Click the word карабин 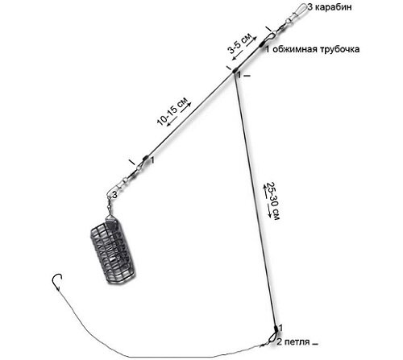333,7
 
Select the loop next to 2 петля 272,337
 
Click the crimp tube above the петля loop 276,329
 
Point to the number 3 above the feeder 114,195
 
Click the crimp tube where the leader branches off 235,70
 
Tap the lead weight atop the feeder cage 110,221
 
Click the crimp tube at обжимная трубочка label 261,44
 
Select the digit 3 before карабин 310,7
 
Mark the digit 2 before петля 280,342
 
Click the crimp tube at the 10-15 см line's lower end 145,158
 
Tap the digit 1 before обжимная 268,49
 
